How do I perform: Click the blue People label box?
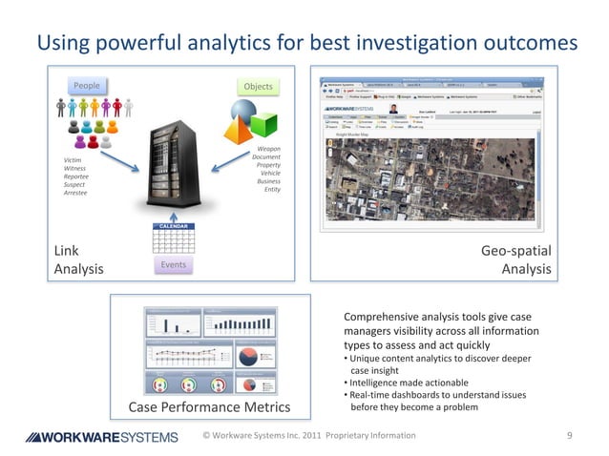pos(87,86)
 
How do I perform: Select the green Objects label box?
pos(258,87)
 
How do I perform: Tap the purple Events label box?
pos(173,264)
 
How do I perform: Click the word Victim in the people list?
pos(73,160)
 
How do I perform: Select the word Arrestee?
pos(75,193)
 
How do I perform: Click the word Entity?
pos(272,189)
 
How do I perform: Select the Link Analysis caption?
pos(78,259)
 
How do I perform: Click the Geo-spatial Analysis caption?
pos(515,259)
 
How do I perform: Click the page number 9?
pos(569,436)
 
